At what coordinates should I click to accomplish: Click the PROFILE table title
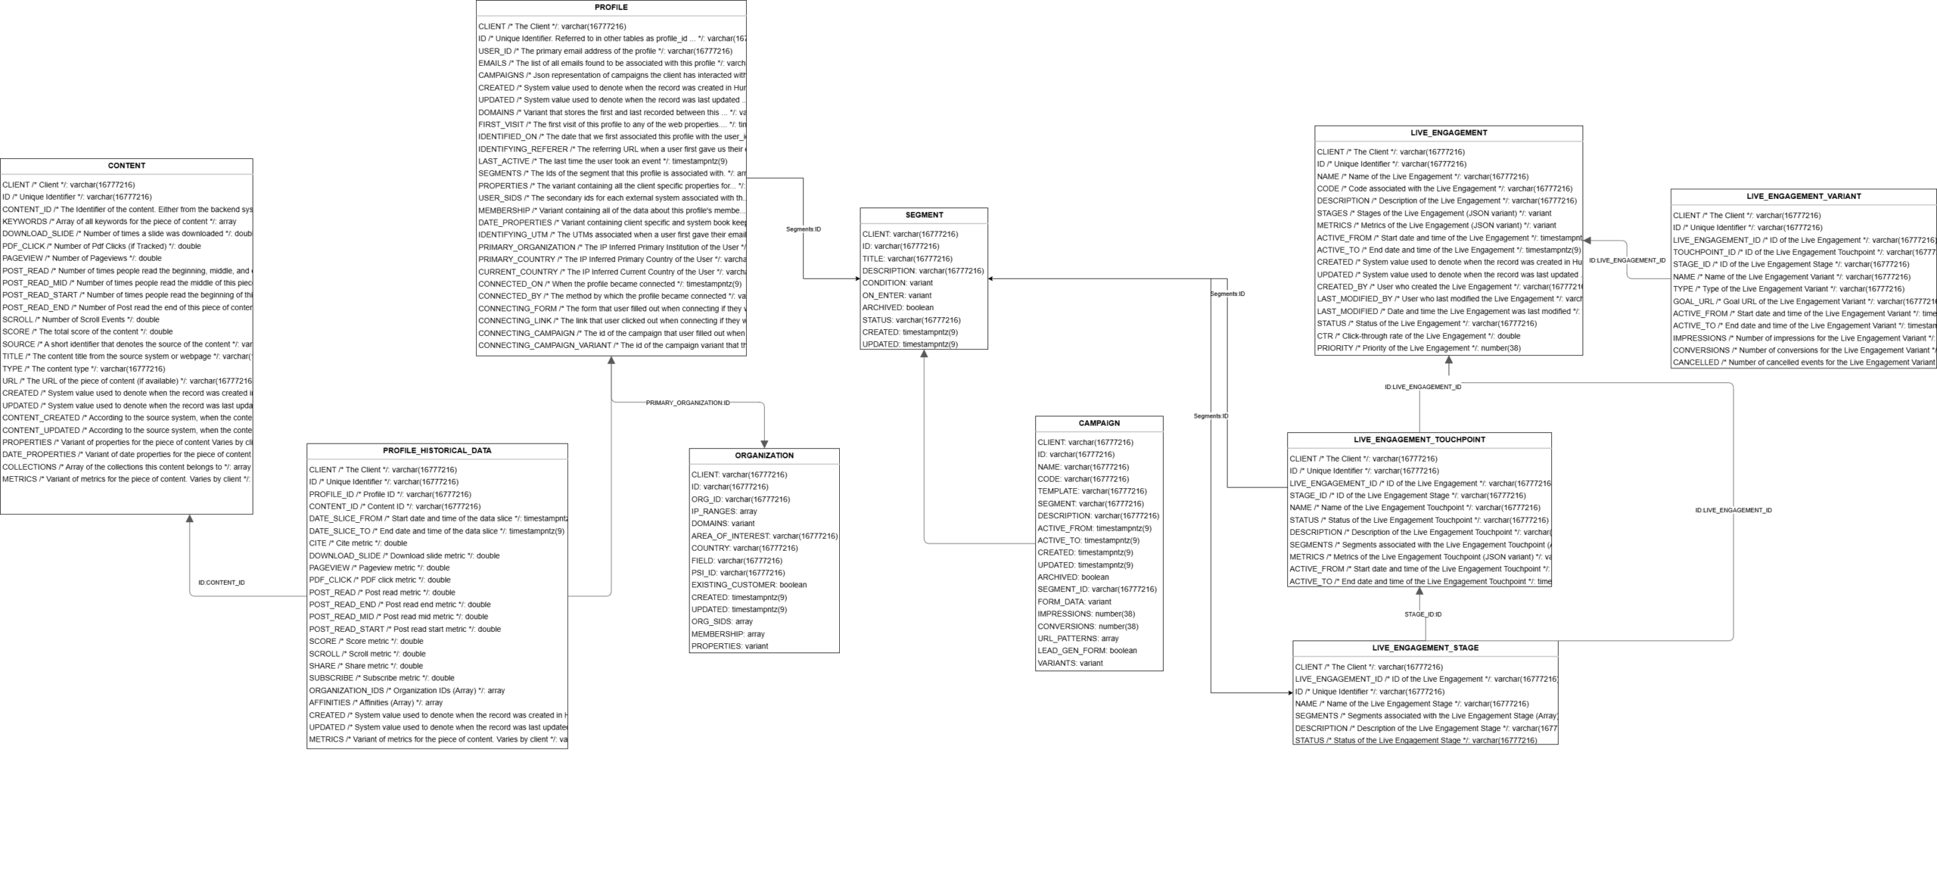point(611,8)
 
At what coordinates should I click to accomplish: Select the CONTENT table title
point(126,166)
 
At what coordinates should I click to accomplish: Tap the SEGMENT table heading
point(924,215)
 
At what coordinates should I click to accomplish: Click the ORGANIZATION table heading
point(764,456)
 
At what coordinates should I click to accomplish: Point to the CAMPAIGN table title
point(1099,423)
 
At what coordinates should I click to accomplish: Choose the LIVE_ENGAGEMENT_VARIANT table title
point(1803,196)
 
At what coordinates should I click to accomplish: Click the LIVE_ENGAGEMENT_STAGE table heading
point(1425,648)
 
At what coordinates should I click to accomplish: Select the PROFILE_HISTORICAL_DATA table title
point(437,450)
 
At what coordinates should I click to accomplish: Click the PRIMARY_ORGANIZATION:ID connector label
point(687,403)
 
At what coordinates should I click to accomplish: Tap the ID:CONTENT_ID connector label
point(221,583)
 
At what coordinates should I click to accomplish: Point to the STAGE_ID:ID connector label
point(1422,614)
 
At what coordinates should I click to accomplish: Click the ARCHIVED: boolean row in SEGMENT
point(897,307)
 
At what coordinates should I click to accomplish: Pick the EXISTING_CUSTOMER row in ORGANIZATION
point(748,584)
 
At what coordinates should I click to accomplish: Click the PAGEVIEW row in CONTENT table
point(82,258)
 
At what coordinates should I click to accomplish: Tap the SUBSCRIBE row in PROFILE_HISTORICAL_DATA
point(381,678)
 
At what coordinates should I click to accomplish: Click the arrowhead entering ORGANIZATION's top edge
point(764,443)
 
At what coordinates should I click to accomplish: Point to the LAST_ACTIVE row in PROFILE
point(602,161)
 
